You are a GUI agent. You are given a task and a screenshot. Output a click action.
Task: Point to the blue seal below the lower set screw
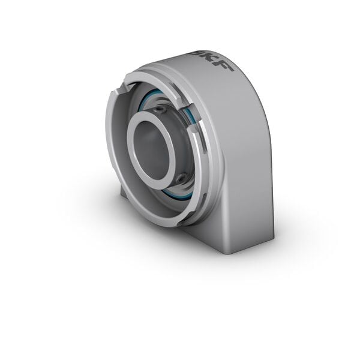180,195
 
